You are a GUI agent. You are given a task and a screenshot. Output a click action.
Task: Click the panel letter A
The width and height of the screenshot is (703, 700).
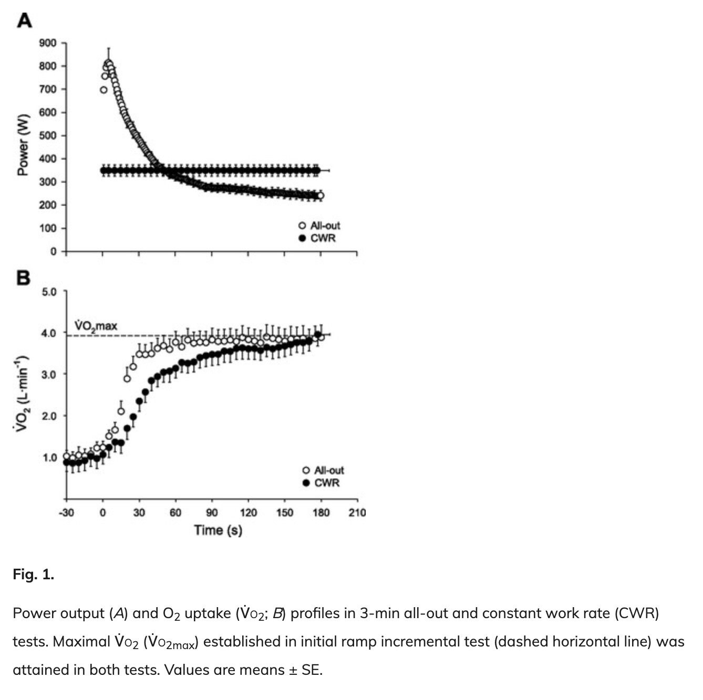[x=24, y=20]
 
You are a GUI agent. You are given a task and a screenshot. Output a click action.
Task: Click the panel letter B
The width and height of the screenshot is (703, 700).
[x=23, y=278]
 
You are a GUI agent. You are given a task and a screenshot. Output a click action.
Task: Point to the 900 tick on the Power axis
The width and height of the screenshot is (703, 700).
[x=47, y=43]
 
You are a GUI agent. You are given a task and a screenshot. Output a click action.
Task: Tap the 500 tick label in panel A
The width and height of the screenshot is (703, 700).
[x=47, y=135]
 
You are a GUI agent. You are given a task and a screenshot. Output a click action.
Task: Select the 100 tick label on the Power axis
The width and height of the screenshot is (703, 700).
[x=47, y=228]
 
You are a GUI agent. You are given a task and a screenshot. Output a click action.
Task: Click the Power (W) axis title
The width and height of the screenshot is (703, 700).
[x=23, y=145]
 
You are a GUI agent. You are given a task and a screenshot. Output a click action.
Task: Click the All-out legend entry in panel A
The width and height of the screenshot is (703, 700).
[x=319, y=226]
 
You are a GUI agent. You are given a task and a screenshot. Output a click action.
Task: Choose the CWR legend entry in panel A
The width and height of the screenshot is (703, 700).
[x=317, y=238]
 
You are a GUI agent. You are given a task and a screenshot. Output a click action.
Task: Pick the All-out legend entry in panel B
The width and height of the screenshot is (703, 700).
[x=323, y=470]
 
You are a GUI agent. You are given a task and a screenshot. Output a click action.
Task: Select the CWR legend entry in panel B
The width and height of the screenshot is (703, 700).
[x=321, y=483]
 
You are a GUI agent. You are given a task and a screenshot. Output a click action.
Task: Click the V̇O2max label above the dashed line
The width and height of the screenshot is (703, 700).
[x=96, y=326]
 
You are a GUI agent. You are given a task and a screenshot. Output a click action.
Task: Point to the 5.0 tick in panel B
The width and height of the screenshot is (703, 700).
[x=49, y=292]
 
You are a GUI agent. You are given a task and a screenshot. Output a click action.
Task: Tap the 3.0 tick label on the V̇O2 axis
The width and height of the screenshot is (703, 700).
[x=49, y=375]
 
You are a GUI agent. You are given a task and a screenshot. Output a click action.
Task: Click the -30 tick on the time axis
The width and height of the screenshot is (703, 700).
[x=66, y=512]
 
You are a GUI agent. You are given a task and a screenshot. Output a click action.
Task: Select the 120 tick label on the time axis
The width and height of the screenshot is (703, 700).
[x=248, y=512]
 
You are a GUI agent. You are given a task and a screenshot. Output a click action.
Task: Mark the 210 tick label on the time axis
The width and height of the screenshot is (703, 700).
[x=357, y=512]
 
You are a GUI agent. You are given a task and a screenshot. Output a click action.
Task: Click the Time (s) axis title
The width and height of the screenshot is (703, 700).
[x=218, y=530]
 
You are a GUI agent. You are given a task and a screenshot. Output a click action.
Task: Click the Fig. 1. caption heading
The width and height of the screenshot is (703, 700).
[x=33, y=575]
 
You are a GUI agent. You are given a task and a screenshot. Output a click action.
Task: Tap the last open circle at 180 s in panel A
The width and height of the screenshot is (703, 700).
[x=320, y=196]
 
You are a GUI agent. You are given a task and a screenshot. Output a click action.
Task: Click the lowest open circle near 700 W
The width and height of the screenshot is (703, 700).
[x=104, y=90]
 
